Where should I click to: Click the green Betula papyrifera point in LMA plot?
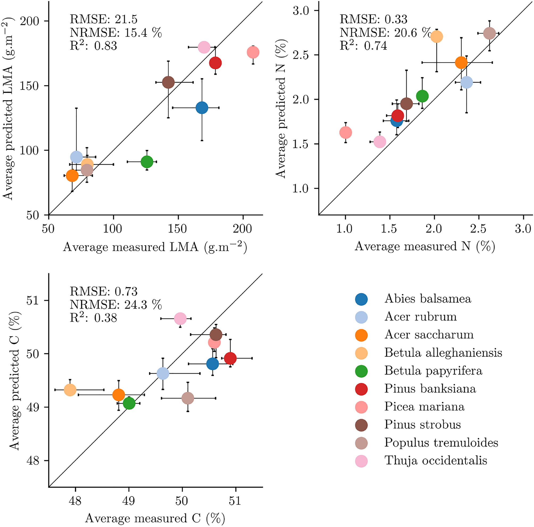[x=147, y=162]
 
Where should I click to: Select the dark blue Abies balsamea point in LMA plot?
[x=202, y=108]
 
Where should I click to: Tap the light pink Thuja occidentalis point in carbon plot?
[x=180, y=319]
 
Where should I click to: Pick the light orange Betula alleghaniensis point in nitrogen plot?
[x=436, y=36]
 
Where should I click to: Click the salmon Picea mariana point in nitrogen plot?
[x=346, y=133]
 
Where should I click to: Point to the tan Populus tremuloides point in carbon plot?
[x=188, y=398]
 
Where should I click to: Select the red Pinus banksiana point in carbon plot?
[x=230, y=358]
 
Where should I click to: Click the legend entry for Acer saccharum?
[x=429, y=335]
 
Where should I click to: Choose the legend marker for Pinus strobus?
[x=361, y=425]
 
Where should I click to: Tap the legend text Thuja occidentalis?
[x=436, y=461]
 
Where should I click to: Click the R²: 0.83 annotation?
[x=93, y=45]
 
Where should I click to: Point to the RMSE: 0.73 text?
[x=104, y=292]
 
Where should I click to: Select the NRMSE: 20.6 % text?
[x=385, y=33]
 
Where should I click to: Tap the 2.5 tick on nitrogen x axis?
[x=478, y=229]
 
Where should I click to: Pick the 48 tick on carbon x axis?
[x=75, y=500]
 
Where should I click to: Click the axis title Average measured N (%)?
[x=425, y=246]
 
